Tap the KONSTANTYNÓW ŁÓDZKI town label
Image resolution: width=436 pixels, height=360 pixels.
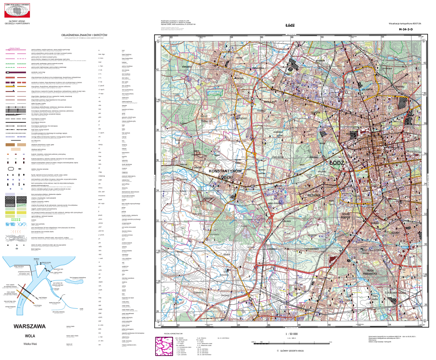tap(225, 174)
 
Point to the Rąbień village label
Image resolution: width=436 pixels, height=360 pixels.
tap(243, 118)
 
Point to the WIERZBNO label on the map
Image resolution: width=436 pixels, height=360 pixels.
tap(176, 67)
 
